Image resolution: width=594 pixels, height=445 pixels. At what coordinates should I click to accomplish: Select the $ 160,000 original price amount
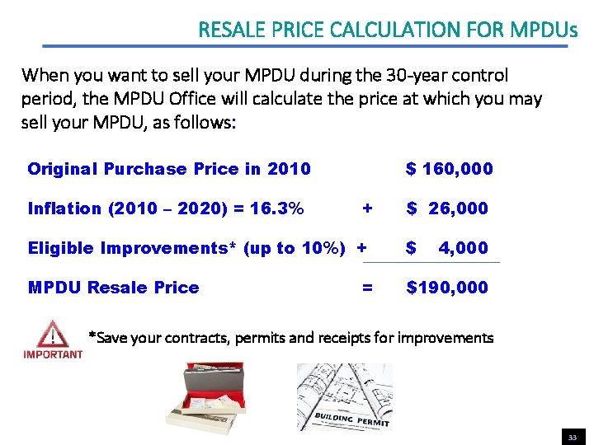tap(449, 169)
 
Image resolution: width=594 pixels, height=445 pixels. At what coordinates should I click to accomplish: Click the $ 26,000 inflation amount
tap(447, 208)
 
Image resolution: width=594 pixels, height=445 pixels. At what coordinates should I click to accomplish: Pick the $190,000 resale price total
tap(447, 288)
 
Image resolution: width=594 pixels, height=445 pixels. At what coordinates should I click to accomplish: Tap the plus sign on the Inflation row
tap(367, 208)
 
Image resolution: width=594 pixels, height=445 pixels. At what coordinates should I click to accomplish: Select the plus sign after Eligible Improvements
tap(361, 248)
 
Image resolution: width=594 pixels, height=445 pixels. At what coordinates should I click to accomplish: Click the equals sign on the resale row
tap(367, 288)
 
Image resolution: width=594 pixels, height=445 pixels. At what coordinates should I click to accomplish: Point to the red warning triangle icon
tap(53, 335)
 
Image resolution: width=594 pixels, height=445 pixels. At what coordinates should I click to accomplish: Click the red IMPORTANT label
tap(53, 355)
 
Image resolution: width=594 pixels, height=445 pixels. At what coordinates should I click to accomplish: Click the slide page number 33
tap(572, 437)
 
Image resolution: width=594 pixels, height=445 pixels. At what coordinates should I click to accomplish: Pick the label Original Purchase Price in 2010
tap(169, 169)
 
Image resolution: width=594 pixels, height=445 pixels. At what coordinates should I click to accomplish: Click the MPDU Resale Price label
tap(113, 288)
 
